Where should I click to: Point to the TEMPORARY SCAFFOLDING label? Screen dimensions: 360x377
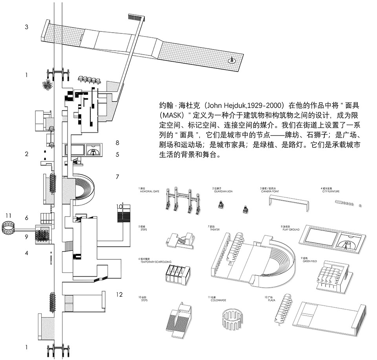tap(156, 261)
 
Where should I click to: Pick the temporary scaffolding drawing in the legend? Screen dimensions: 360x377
tap(178, 274)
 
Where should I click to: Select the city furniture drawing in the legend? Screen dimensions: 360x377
tap(348, 203)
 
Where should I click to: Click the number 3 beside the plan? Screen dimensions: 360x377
tap(26, 27)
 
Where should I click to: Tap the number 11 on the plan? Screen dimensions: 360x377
tap(9, 215)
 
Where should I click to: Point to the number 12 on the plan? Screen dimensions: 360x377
tap(119, 294)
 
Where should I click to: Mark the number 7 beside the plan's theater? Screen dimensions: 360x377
tap(117, 177)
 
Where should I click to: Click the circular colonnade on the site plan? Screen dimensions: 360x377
tap(9, 228)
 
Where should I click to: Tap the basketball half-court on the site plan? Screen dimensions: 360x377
tap(93, 150)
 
